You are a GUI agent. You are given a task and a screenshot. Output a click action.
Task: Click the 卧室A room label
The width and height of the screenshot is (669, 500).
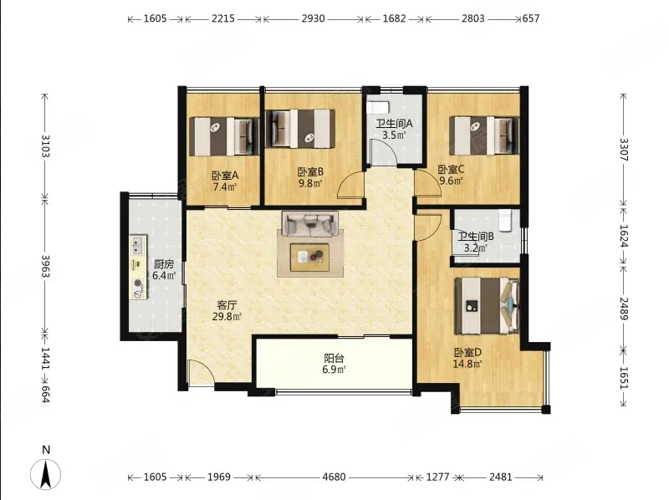225,175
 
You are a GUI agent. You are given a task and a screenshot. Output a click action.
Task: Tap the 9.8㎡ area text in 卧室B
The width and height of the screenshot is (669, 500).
310,183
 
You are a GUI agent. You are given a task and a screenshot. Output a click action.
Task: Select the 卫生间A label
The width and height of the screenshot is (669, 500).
394,124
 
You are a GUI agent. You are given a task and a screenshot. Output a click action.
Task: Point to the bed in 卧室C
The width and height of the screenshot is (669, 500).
484,135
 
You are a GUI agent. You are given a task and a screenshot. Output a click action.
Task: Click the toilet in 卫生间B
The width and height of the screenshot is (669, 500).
505,221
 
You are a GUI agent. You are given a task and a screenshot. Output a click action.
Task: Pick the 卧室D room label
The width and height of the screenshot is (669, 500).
467,353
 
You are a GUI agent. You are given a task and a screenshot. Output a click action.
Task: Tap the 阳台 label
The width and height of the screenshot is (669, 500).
334,359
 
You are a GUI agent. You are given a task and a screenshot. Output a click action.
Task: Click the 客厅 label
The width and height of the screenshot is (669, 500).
227,305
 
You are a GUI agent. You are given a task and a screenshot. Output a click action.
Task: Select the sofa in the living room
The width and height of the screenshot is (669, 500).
310,224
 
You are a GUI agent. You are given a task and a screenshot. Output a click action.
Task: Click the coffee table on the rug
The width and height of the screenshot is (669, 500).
309,258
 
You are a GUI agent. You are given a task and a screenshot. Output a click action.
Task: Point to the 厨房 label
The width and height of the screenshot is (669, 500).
164,264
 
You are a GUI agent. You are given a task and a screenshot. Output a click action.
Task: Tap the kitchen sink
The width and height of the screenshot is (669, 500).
138,245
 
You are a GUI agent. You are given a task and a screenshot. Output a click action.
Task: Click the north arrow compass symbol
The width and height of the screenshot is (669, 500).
46,473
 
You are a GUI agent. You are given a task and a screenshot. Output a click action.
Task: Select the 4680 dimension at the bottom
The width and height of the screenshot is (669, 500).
334,477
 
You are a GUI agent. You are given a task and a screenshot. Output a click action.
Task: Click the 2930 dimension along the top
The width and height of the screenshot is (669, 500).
313,18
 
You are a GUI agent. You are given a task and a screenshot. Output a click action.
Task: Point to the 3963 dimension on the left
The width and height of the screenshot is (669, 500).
45,266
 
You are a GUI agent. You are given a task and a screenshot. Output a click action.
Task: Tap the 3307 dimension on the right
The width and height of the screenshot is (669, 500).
624,150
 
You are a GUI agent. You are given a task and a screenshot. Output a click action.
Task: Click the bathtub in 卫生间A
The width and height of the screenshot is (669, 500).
378,107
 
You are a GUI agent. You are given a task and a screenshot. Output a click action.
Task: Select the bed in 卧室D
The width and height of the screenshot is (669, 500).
488,306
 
